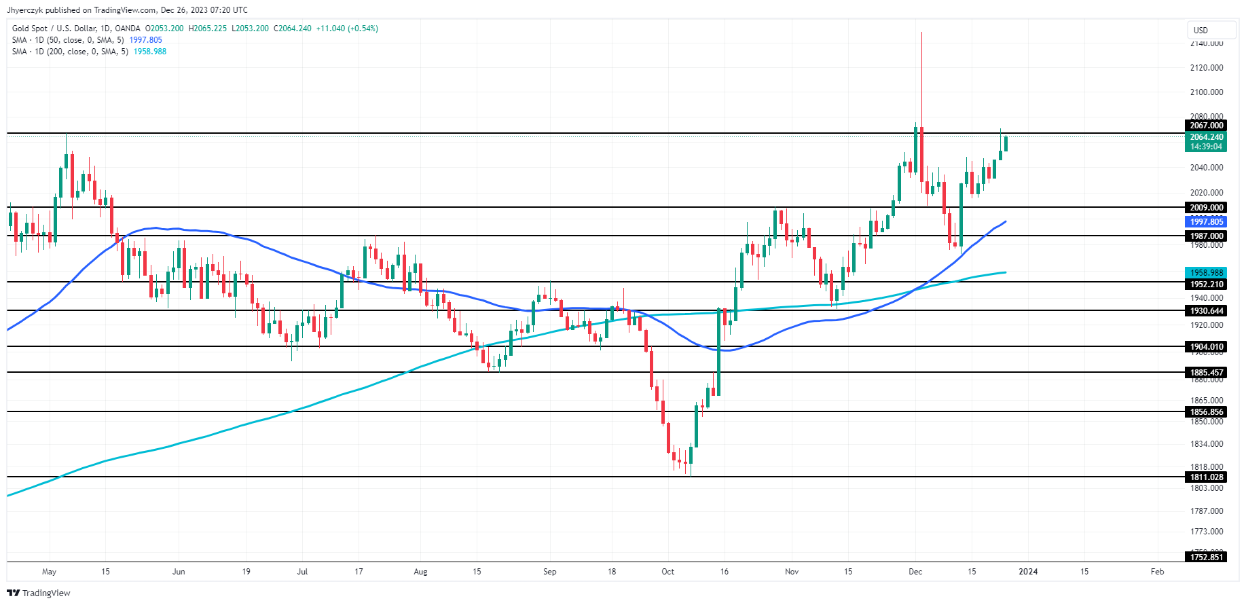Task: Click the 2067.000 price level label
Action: click(x=1207, y=126)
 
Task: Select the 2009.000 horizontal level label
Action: click(x=1207, y=208)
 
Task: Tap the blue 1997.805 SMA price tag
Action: click(x=1207, y=222)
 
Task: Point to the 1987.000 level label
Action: click(x=1207, y=236)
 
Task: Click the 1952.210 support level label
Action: click(x=1207, y=285)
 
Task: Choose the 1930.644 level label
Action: click(x=1207, y=311)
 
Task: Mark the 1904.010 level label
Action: click(x=1207, y=347)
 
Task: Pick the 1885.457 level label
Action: click(x=1207, y=373)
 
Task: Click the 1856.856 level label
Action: click(x=1207, y=412)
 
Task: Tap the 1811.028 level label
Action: click(x=1207, y=477)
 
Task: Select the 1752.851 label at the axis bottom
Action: click(x=1207, y=557)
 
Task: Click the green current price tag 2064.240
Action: click(x=1207, y=137)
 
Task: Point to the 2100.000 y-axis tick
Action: click(x=1207, y=92)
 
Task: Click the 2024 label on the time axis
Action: click(x=1028, y=572)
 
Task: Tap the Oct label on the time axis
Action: click(x=668, y=572)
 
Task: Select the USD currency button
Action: click(x=1201, y=31)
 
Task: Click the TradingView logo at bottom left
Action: click(x=39, y=593)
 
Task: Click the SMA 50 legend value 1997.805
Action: click(x=146, y=40)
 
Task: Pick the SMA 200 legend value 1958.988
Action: click(x=150, y=52)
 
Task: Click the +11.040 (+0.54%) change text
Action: click(x=347, y=29)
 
